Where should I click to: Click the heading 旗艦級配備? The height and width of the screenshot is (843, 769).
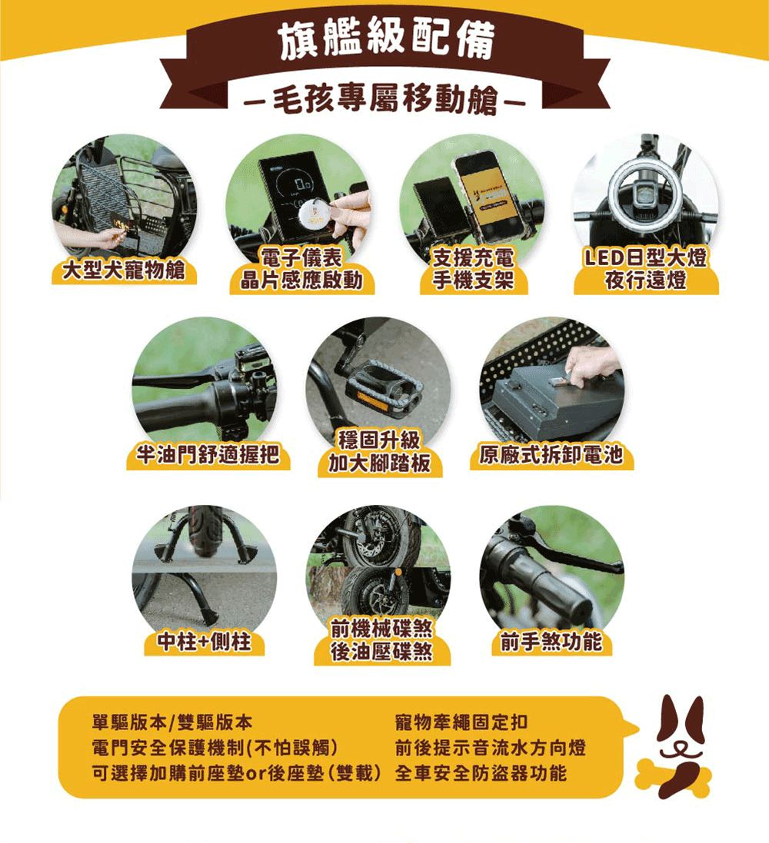(x=386, y=40)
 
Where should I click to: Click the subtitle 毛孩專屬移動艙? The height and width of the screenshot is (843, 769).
(x=384, y=99)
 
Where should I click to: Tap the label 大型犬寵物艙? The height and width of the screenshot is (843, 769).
(x=124, y=270)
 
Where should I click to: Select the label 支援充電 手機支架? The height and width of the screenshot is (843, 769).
(x=474, y=269)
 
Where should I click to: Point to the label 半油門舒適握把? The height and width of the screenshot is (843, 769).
(x=208, y=455)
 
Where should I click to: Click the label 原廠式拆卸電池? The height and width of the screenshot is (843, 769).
(x=551, y=455)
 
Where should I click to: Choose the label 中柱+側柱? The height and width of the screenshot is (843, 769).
(x=204, y=642)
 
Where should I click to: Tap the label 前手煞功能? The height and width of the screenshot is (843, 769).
(x=551, y=642)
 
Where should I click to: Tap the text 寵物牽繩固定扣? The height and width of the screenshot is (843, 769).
(x=461, y=722)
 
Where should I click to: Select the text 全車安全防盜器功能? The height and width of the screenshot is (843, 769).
(x=481, y=773)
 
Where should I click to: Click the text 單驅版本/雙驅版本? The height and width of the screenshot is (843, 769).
(x=172, y=722)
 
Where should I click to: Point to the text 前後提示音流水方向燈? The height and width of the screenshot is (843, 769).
(x=491, y=748)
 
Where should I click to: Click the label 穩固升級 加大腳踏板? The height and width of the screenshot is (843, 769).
(x=379, y=452)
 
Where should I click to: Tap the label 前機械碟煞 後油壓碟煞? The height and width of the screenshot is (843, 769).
(x=381, y=640)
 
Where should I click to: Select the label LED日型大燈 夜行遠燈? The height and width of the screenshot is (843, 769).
(x=646, y=269)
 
